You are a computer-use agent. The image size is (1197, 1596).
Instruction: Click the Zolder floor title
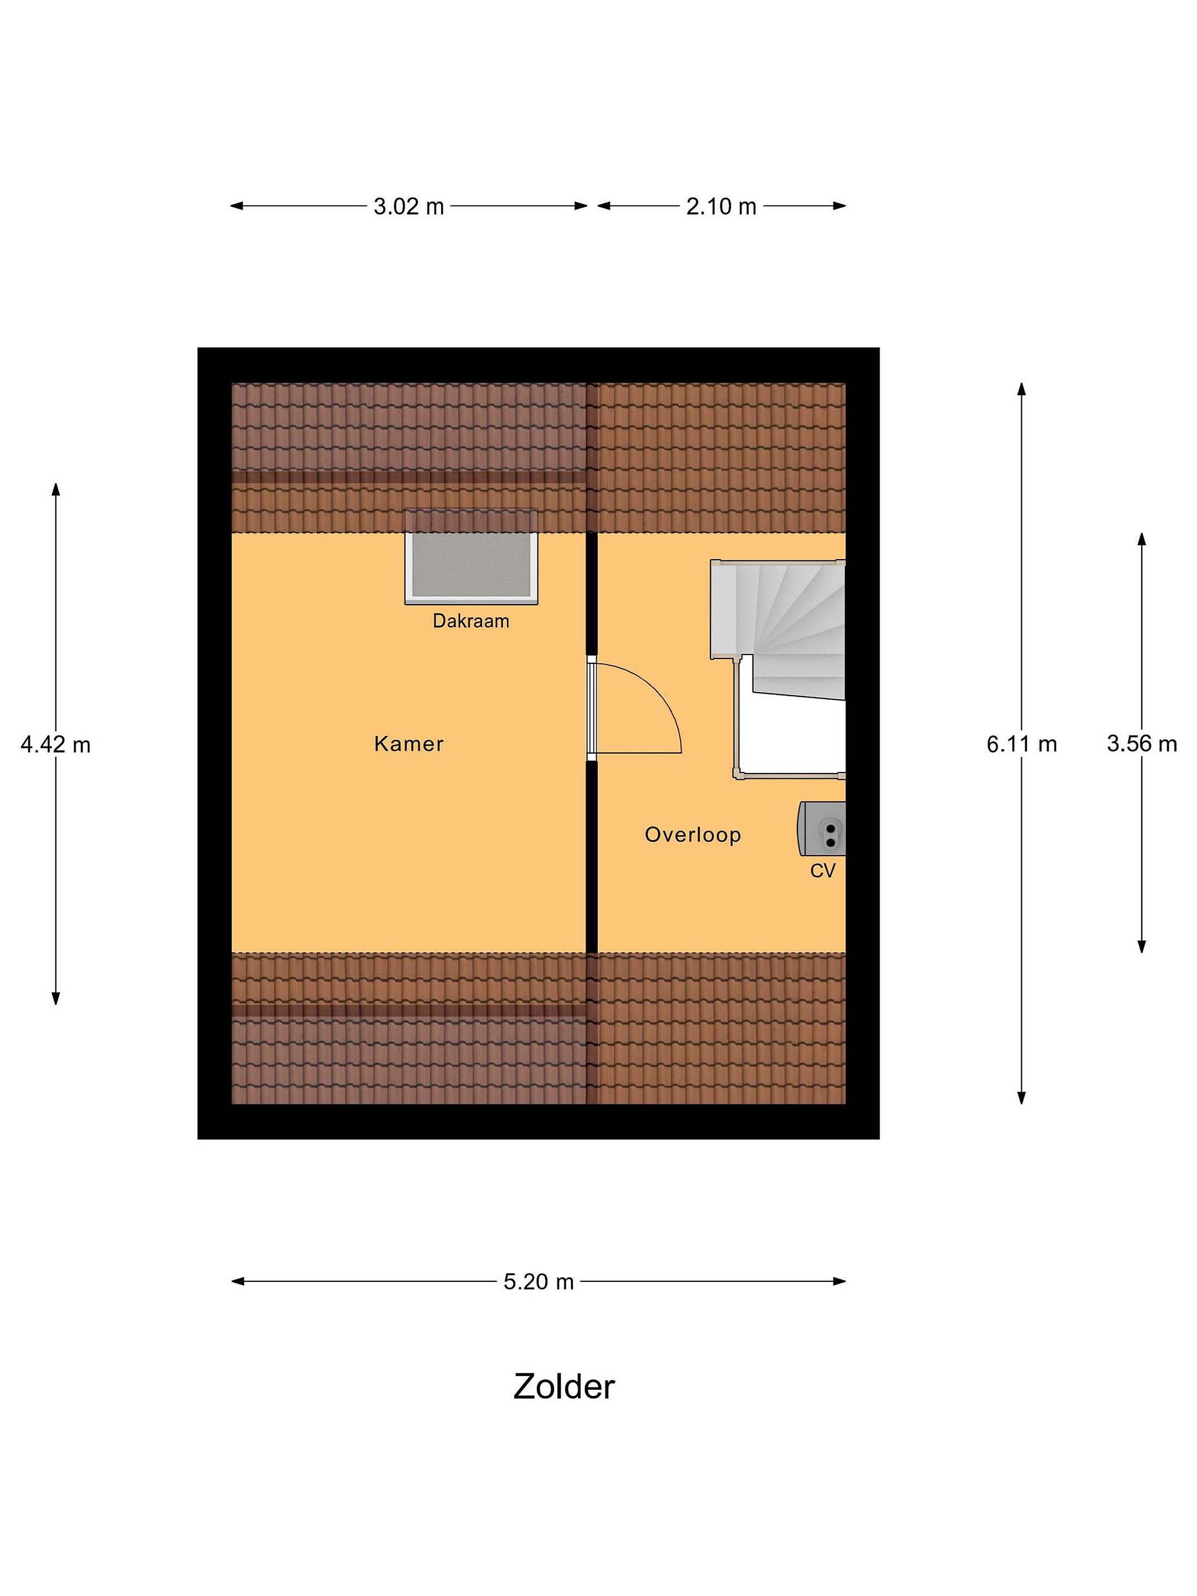click(x=564, y=1387)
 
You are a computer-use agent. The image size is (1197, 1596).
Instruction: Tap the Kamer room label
click(x=408, y=744)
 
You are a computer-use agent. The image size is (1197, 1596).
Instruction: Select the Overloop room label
click(x=693, y=835)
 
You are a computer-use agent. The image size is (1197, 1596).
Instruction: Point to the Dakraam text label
click(x=470, y=621)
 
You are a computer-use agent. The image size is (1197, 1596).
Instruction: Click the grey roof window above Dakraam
click(x=471, y=556)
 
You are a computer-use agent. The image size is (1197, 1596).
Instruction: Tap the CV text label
click(x=822, y=871)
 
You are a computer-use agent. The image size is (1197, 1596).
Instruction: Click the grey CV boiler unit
click(x=821, y=828)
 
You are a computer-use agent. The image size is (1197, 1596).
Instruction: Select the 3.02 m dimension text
click(x=408, y=206)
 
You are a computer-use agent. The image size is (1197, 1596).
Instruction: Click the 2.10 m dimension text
click(x=721, y=206)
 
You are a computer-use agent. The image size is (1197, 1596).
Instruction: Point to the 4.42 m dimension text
click(x=55, y=744)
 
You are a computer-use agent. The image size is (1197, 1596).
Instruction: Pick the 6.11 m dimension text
click(x=1022, y=744)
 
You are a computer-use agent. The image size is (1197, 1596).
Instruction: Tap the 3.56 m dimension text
click(x=1142, y=744)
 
